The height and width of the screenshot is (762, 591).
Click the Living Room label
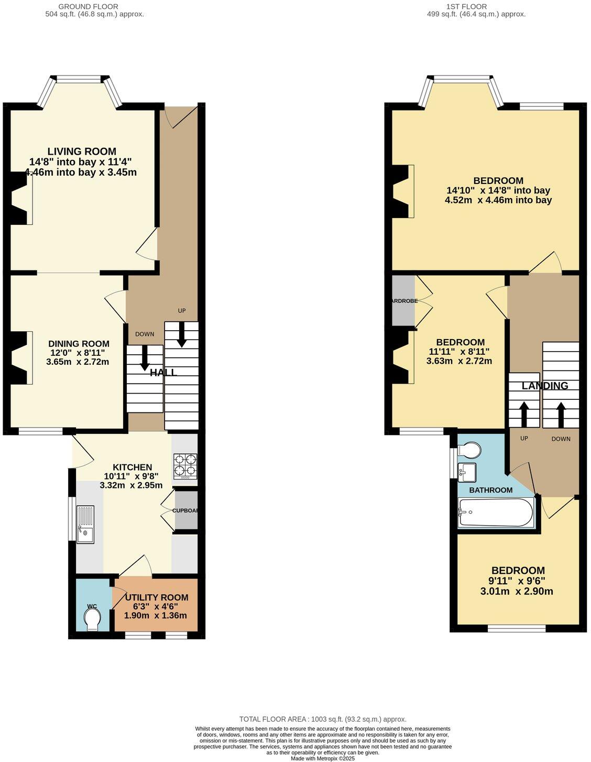click(x=82, y=152)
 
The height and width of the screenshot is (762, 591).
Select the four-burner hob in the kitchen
click(x=185, y=466)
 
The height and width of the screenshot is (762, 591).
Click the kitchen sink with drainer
click(x=86, y=524)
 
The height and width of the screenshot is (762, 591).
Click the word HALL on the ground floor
click(x=163, y=373)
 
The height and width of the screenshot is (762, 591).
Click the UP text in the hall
click(x=182, y=311)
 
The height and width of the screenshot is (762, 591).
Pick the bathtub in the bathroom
click(x=495, y=512)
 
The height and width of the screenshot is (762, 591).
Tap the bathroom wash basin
click(x=466, y=472)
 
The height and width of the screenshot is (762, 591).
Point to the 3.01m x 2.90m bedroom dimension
click(x=517, y=592)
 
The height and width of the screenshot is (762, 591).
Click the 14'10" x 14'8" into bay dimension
click(x=498, y=190)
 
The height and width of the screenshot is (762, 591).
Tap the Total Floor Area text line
click(x=323, y=720)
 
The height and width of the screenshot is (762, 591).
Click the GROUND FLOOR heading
click(x=94, y=6)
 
